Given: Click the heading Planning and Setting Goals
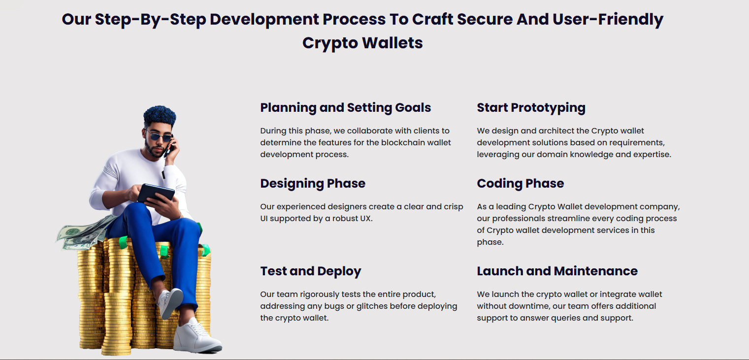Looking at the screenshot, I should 345,108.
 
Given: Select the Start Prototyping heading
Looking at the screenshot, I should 531,108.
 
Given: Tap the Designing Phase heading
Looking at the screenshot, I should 313,184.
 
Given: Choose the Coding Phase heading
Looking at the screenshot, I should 520,184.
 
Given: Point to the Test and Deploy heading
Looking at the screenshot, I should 310,271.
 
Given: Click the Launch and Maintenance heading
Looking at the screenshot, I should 557,271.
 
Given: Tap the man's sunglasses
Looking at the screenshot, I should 160,136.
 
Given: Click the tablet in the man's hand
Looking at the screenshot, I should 156,193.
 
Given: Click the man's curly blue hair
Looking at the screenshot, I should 159,116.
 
